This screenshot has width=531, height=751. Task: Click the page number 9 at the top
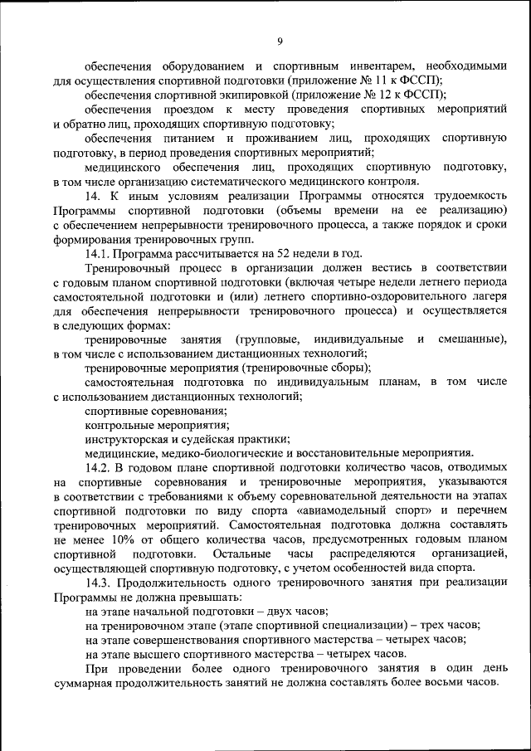tap(280, 41)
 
